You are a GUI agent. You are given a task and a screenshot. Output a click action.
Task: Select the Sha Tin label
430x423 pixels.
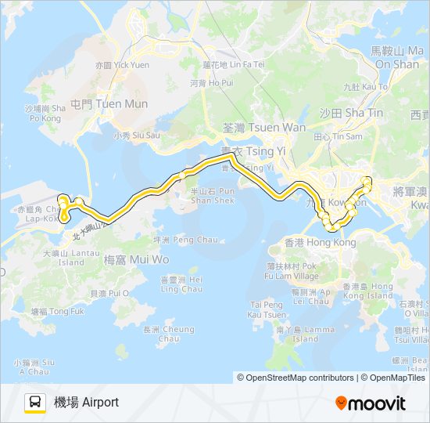click(352, 113)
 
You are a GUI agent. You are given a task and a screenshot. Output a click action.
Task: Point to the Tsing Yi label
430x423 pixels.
click(247, 150)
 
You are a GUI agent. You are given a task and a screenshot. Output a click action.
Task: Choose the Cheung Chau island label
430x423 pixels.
click(158, 334)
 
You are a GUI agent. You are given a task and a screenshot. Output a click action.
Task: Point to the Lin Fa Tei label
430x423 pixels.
click(234, 64)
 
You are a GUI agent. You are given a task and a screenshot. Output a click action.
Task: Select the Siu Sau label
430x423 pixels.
click(136, 135)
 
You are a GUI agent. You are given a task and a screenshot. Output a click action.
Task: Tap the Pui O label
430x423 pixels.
click(109, 293)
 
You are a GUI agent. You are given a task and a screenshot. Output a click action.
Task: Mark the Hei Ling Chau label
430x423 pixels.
click(181, 284)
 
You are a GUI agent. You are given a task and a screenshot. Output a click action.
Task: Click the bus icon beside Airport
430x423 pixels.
click(34, 403)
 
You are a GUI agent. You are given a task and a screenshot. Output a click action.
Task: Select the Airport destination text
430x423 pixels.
click(86, 403)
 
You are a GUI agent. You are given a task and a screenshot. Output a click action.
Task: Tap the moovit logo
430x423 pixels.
click(371, 403)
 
